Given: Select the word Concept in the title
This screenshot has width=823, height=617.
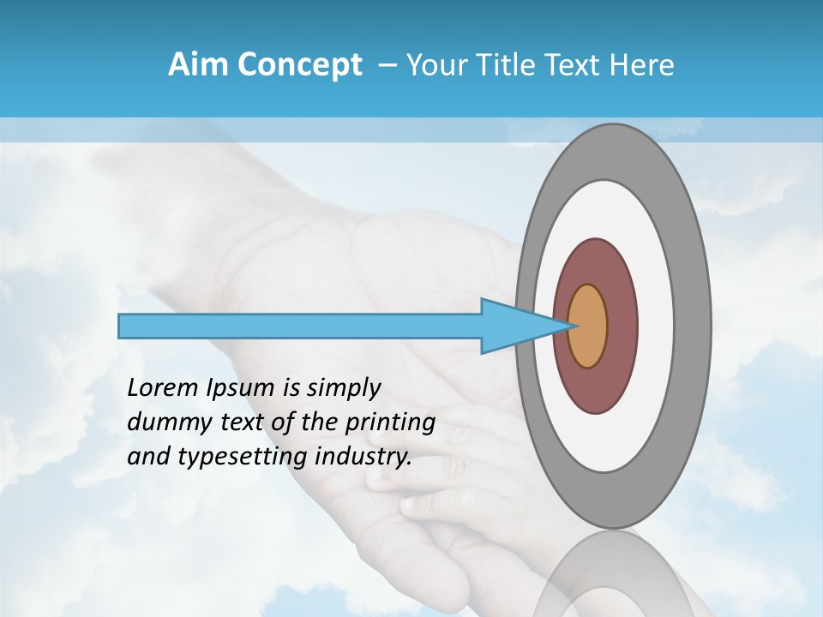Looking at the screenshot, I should point(299,66).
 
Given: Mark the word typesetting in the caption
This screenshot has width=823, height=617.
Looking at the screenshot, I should point(236,458).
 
